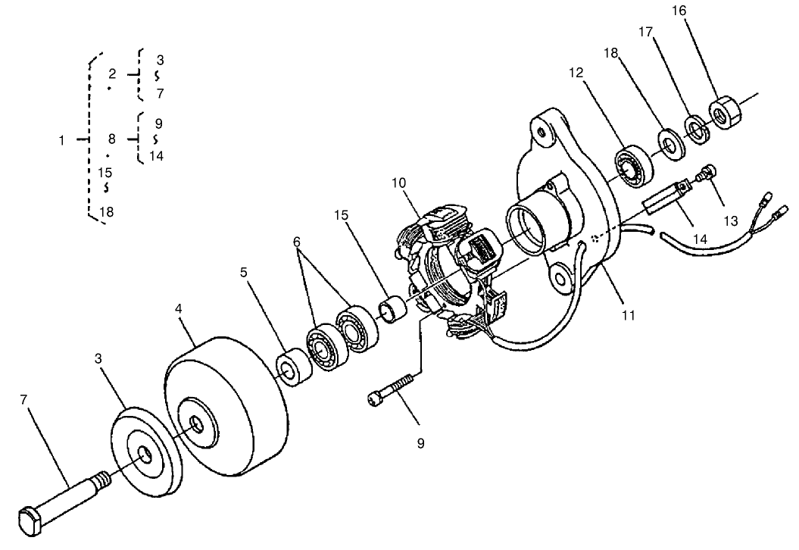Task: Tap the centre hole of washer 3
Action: click(145, 455)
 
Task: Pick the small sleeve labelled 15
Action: click(394, 311)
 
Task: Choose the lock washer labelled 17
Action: click(695, 128)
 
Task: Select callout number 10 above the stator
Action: click(400, 183)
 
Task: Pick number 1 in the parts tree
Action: click(62, 140)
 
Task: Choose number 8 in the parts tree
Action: click(111, 139)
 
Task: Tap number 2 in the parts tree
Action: click(112, 74)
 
